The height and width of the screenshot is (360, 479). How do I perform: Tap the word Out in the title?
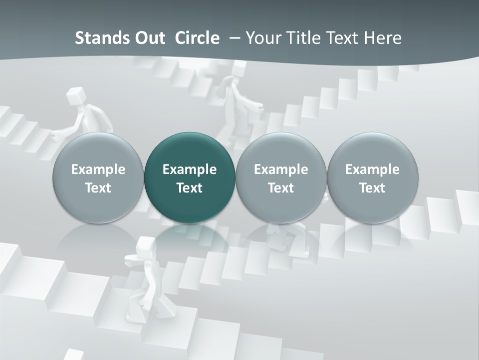click(x=148, y=38)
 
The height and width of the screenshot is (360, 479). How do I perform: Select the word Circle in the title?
click(x=197, y=38)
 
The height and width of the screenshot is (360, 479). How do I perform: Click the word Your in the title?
click(x=264, y=38)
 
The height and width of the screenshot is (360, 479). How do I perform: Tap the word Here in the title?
click(x=382, y=38)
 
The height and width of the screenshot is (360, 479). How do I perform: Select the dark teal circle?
click(x=190, y=177)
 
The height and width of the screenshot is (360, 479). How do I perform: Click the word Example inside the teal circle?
click(x=190, y=169)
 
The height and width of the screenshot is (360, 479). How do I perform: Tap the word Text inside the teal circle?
click(x=190, y=188)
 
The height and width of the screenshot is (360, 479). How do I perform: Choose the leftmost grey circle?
click(x=98, y=177)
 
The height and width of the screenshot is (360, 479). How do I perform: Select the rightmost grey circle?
click(x=373, y=177)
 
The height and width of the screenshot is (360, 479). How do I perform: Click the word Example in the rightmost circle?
click(x=373, y=169)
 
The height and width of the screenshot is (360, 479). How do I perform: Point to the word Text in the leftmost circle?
click(x=98, y=188)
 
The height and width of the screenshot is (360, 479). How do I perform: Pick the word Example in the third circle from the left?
click(x=281, y=169)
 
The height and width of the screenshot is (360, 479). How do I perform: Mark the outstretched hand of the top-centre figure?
click(x=256, y=106)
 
